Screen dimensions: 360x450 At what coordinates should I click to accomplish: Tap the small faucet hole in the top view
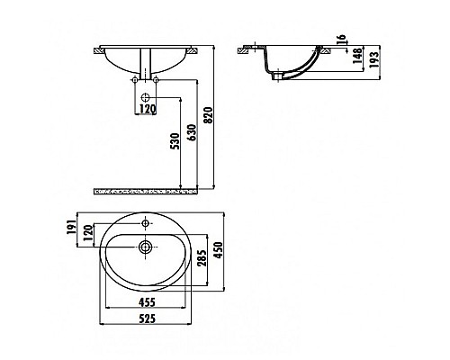pos(145,220)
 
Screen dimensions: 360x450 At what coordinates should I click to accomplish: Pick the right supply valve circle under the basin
pos(155,82)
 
